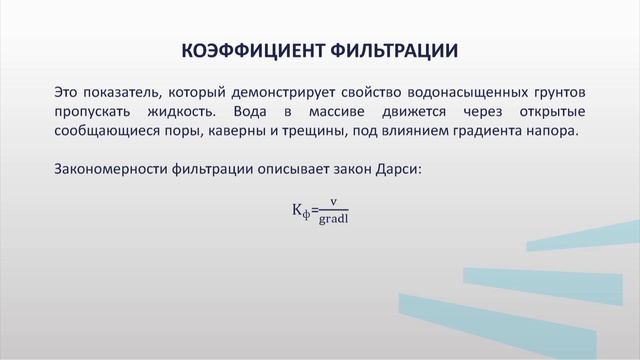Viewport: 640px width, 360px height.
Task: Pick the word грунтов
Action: coord(556,91)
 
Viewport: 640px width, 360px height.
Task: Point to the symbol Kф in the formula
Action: coord(300,210)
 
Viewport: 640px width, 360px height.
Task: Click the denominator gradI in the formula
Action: coord(333,219)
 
